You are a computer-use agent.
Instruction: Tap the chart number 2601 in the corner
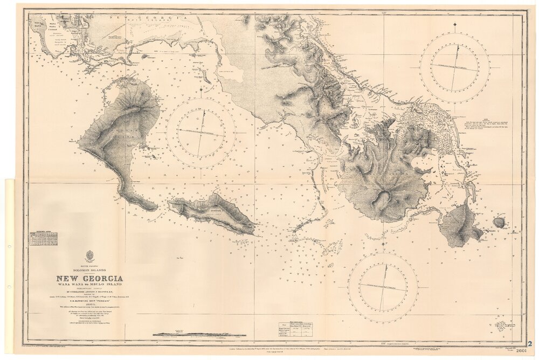click(521, 350)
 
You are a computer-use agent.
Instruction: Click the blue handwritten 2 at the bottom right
click(531, 343)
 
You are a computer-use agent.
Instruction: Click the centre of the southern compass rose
click(383, 287)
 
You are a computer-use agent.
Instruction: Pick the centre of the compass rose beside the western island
click(201, 133)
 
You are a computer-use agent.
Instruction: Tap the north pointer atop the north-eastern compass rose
click(455, 25)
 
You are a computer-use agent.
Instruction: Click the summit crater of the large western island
click(132, 109)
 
